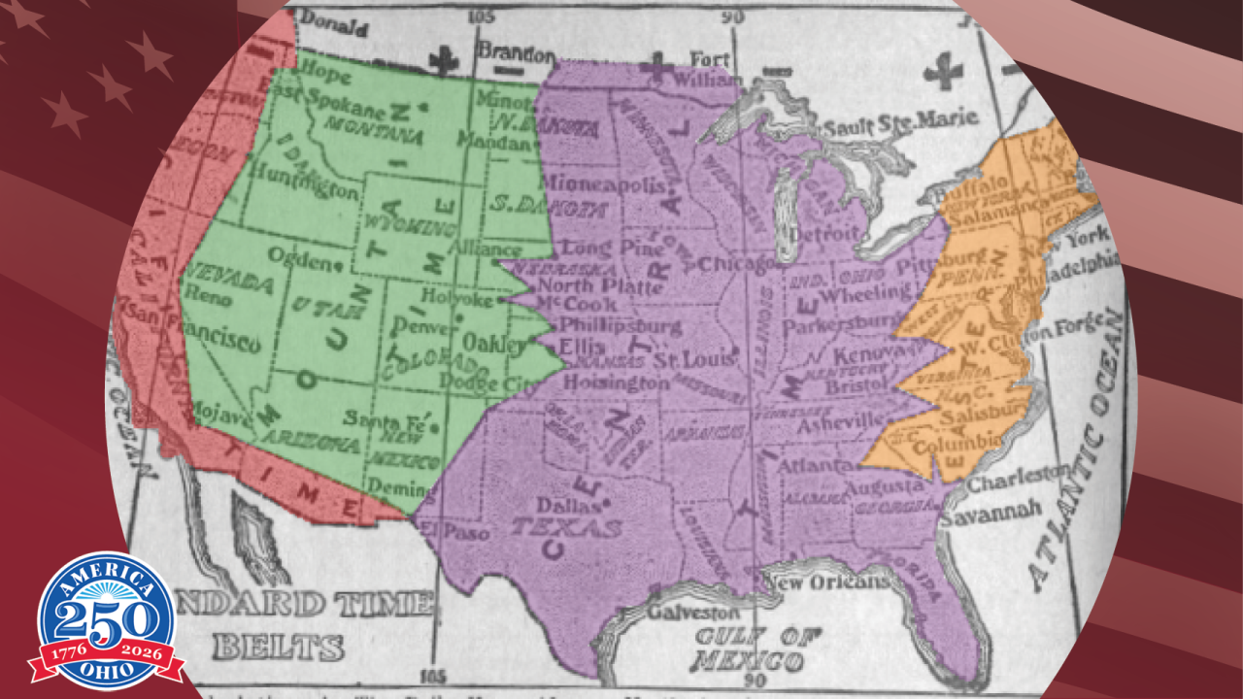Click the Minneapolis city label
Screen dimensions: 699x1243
603,183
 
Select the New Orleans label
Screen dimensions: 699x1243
826,581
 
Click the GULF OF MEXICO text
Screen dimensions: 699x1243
749,649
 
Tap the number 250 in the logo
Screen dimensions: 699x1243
106,616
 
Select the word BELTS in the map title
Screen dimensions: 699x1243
279,647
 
